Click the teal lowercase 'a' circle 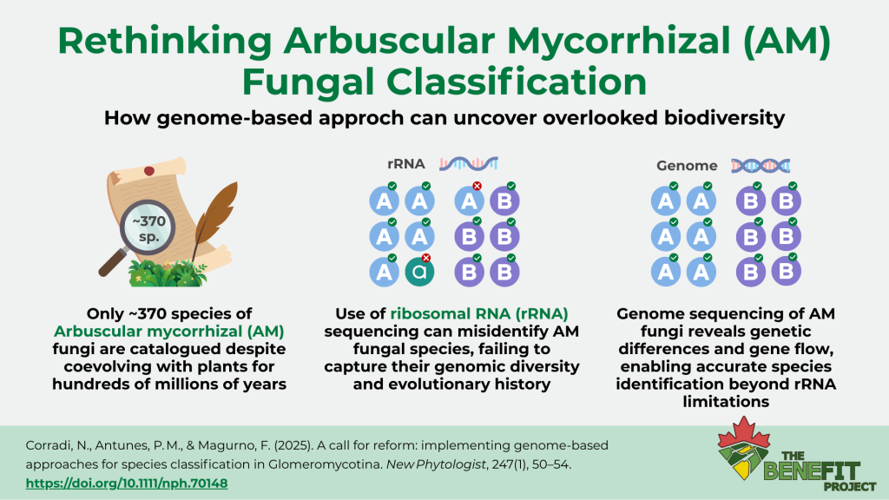click(419, 272)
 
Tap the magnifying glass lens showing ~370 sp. click(148, 228)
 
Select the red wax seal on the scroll click(149, 171)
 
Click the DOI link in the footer click(127, 484)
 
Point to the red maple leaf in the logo click(744, 435)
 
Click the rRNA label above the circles click(406, 164)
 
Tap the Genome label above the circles click(687, 166)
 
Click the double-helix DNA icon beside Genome click(761, 166)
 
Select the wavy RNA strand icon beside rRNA click(469, 164)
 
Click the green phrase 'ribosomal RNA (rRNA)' click(479, 314)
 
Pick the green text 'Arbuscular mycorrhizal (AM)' click(169, 332)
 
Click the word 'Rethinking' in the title click(165, 42)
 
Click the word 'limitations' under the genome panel click(726, 402)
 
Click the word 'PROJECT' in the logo click(850, 486)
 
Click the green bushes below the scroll click(168, 273)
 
